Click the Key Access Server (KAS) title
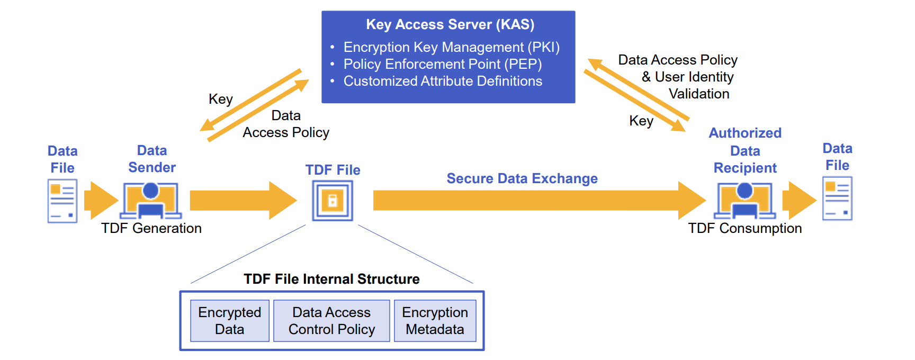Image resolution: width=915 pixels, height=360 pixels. click(450, 24)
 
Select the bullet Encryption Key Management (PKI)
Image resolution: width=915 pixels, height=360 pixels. click(451, 47)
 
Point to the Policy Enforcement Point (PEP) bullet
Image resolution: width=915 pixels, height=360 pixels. click(442, 64)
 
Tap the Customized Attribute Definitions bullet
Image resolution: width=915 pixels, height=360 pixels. click(443, 81)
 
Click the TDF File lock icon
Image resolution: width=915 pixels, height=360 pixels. click(333, 201)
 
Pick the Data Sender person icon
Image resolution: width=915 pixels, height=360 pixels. click(151, 201)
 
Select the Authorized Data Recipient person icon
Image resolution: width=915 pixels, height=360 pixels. click(744, 201)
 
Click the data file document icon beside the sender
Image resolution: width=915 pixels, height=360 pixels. click(62, 201)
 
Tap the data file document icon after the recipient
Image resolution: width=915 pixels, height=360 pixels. click(837, 199)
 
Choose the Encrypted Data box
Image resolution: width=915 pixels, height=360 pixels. click(229, 321)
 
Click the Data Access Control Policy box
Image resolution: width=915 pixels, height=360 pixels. click(331, 321)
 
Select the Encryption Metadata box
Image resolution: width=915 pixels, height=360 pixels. click(435, 321)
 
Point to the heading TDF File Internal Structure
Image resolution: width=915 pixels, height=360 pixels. click(331, 279)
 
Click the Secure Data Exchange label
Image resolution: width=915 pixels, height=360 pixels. click(522, 178)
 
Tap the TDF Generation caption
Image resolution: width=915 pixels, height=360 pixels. click(151, 228)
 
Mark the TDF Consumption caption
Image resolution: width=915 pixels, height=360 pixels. click(744, 228)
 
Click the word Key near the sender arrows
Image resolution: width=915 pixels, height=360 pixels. click(221, 99)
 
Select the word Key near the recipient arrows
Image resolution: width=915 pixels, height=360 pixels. click(641, 121)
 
